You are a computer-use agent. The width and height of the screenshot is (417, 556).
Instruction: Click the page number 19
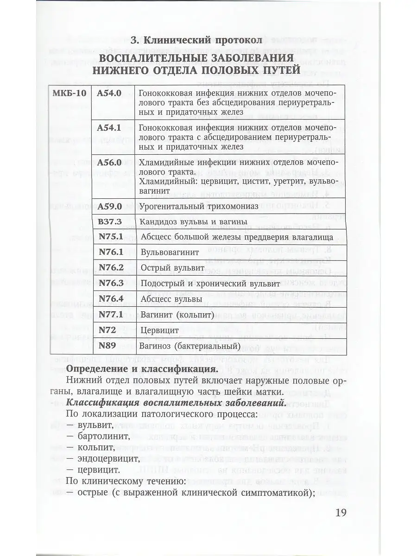click(340, 512)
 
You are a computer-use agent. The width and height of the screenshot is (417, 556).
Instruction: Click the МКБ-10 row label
click(69, 93)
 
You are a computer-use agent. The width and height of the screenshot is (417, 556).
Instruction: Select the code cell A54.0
click(109, 93)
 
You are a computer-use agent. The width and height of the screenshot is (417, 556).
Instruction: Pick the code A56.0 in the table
click(109, 163)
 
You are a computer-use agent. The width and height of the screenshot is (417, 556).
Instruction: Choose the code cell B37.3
click(109, 221)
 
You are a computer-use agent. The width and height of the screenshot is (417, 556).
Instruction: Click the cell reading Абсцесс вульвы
click(171, 299)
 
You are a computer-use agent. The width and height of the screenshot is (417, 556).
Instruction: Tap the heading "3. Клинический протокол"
click(196, 40)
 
